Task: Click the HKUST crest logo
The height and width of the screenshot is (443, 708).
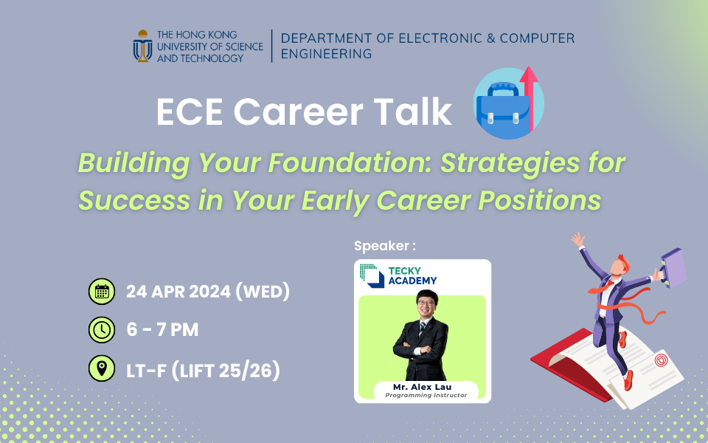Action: pos(142,46)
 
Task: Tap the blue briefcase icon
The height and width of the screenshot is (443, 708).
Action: pos(502,110)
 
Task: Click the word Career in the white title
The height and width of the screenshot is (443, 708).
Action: pos(299,111)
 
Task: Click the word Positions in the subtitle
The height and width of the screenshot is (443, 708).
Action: pos(540,200)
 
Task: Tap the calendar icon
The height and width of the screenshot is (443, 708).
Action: pos(102,292)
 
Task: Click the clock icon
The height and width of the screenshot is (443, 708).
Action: pos(102,330)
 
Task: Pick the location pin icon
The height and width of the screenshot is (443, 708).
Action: pos(102,368)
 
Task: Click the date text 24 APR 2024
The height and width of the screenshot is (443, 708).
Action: pos(178,292)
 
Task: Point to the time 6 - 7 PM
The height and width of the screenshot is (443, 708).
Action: pos(162,330)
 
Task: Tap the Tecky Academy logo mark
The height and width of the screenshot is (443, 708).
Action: pos(372,275)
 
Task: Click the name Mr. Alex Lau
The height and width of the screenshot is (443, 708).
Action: pos(422,387)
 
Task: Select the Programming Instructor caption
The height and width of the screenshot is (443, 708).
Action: pos(426,395)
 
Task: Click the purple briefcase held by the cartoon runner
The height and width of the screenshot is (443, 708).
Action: pos(673,267)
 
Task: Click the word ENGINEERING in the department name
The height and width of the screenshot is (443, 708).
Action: pos(327,54)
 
